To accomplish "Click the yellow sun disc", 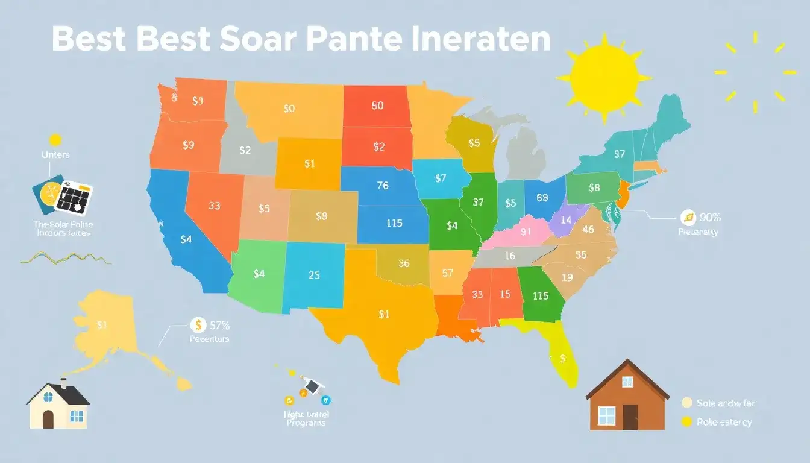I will tap(604, 77).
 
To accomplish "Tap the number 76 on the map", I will tap(382, 186).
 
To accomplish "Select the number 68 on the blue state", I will tap(541, 197).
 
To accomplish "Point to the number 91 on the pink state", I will tap(526, 231).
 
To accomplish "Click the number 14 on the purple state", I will tap(565, 221).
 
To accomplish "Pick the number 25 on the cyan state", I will tap(314, 276).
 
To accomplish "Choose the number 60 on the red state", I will tap(377, 106).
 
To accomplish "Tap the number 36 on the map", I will tap(404, 263).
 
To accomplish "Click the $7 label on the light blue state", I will tap(440, 178).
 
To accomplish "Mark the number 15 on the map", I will tap(504, 294).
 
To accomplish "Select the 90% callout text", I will tap(709, 217).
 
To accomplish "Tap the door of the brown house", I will tap(630, 417).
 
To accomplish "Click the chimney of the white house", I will tap(63, 383).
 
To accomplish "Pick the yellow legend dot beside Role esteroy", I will tap(686, 422).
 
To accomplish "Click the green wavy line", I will tap(66, 257).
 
